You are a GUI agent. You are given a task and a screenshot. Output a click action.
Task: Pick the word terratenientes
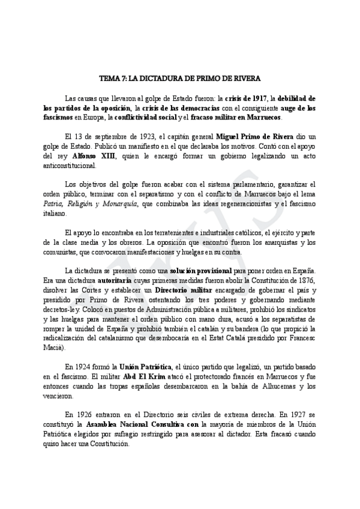click(x=152, y=233)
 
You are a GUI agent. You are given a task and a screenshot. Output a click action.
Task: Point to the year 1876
click(x=305, y=282)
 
